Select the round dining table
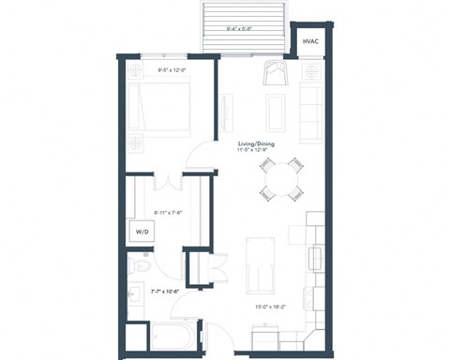(282, 178)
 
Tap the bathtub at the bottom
(173, 335)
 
